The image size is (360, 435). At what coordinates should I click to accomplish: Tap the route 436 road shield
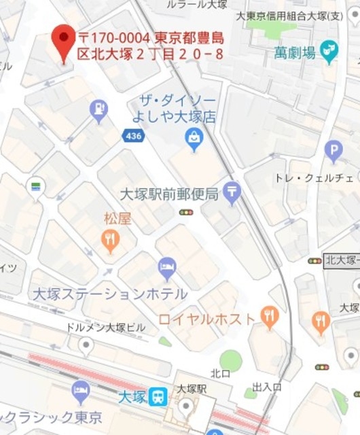pyautogui.click(x=133, y=137)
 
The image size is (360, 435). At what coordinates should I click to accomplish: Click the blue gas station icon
pyautogui.click(x=99, y=109)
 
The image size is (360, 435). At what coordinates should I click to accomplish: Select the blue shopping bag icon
pyautogui.click(x=194, y=140)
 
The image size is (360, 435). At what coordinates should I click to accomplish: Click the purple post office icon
pyautogui.click(x=232, y=194)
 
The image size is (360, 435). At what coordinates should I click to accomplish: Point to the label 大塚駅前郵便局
pyautogui.click(x=168, y=194)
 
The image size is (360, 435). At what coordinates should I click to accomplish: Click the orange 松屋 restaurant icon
pyautogui.click(x=111, y=239)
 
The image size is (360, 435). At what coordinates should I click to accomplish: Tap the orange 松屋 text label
pyautogui.click(x=118, y=218)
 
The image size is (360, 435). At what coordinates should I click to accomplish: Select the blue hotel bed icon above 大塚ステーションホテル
pyautogui.click(x=167, y=268)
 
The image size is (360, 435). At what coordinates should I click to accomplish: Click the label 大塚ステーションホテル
pyautogui.click(x=110, y=294)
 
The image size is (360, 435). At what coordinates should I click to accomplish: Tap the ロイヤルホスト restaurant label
pyautogui.click(x=207, y=318)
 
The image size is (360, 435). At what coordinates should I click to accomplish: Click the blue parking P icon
pyautogui.click(x=333, y=150)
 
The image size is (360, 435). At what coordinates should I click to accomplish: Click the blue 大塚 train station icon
pyautogui.click(x=159, y=396)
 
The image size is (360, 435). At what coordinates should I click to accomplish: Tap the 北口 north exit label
pyautogui.click(x=221, y=373)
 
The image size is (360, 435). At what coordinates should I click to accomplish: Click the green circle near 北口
pyautogui.click(x=231, y=361)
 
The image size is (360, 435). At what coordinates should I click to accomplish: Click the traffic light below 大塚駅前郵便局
pyautogui.click(x=186, y=213)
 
